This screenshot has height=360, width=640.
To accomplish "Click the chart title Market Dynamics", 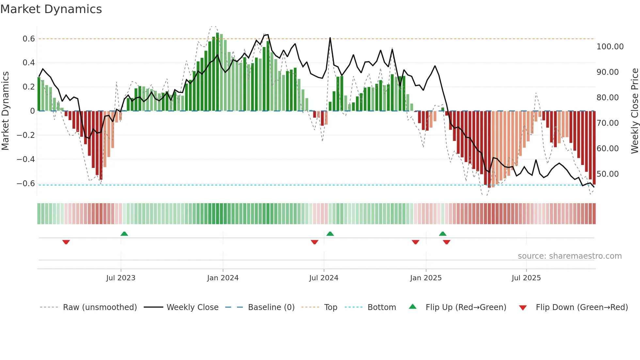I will click(51, 9).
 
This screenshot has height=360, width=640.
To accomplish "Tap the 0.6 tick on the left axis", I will click(29, 39).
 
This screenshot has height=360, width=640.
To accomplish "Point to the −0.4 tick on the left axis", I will click(26, 159).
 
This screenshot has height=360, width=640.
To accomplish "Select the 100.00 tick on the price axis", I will click(610, 47).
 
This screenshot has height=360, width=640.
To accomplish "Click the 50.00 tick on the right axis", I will click(607, 174).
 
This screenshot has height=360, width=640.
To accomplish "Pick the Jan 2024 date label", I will click(223, 278).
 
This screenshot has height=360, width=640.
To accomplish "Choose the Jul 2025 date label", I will click(526, 278).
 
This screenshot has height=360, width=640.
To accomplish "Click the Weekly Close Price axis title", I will click(634, 111).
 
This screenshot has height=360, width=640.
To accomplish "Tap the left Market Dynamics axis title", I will click(5, 111).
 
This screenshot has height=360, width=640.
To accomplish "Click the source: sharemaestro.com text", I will click(569, 256).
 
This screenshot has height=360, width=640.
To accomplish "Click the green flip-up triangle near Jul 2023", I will click(124, 234).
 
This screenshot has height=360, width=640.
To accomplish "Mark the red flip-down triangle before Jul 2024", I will click(314, 242).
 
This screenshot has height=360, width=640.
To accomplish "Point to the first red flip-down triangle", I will click(66, 242).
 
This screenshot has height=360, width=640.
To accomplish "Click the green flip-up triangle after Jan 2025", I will click(442, 234).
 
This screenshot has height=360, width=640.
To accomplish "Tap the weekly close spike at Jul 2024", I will click(330, 38).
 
